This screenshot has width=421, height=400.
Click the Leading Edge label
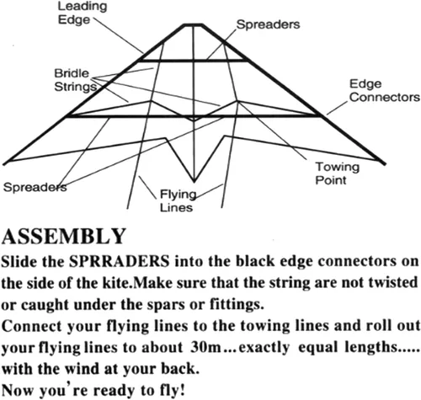coord(83,13)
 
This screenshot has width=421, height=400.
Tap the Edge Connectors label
coord(384,90)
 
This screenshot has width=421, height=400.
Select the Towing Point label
coord(337,173)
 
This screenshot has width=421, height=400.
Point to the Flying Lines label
coord(178,200)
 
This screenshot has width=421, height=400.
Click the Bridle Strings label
coord(75,80)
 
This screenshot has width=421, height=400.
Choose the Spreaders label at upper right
coord(268,24)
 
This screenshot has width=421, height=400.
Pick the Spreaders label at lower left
coord(35,187)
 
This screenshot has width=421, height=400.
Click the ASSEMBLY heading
coord(63,237)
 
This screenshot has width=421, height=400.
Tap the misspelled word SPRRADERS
coord(120,261)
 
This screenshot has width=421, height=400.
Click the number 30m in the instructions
coord(205,347)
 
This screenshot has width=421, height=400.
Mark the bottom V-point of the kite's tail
coord(194,181)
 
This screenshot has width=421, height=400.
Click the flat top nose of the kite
coord(193,25)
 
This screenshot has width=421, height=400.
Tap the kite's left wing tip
coord(5,163)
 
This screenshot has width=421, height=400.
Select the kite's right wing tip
coord(383,163)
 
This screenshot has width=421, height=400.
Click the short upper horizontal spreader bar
coord(194,61)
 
